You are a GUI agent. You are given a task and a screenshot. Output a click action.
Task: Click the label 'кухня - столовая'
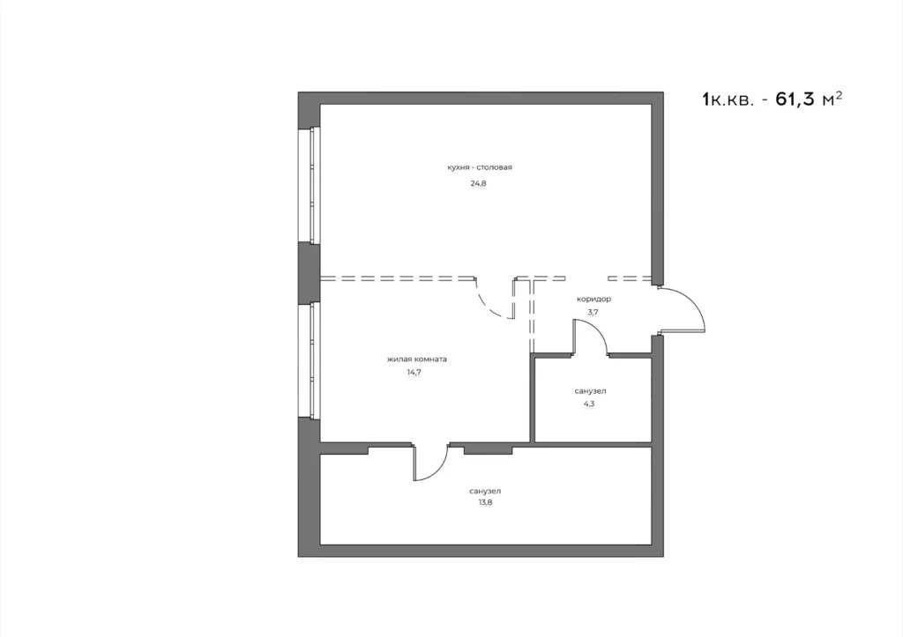479,167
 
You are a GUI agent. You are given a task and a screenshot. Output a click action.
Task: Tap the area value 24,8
478,183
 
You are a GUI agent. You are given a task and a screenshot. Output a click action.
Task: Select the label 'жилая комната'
417,359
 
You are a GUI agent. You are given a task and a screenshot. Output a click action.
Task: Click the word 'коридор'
593,299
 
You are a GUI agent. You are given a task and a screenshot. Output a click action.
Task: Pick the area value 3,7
593,313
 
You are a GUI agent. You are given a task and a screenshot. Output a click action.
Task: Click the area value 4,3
588,404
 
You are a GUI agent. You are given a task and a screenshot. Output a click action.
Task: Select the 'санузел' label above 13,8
486,491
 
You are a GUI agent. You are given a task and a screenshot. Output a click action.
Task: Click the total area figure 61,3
795,99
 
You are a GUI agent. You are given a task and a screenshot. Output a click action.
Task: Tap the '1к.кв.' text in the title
728,100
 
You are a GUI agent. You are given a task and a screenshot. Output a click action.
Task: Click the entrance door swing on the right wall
688,308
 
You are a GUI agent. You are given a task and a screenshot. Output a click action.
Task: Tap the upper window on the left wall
314,184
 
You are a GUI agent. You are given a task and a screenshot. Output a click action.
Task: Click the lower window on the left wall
314,359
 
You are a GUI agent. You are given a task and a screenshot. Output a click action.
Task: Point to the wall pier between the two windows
309,272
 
